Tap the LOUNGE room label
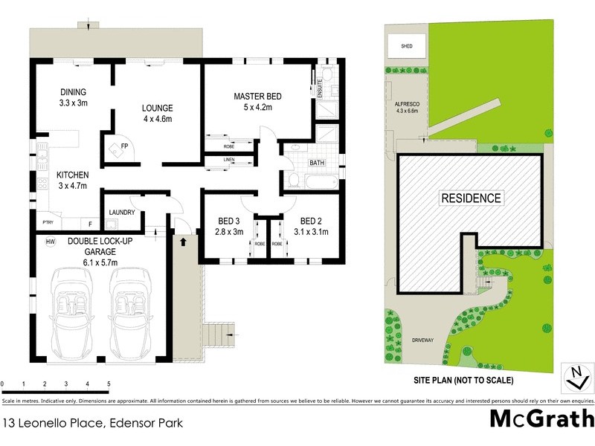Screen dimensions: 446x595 pos(158,108)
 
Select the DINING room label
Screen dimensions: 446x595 pos(74,92)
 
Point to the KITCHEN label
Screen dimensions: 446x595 pos(73,175)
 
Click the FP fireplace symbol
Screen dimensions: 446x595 pos(115,148)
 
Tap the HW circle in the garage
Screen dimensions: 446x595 pos(51,242)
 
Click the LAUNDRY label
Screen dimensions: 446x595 pos(121,213)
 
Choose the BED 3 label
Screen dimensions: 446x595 pos(229,221)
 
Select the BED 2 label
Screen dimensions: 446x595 pos(311,221)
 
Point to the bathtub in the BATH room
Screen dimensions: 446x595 pos(312,181)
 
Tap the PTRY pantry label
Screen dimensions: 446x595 pos(47,222)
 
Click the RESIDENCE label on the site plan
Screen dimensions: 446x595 pos(472,198)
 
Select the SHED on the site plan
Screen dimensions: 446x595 pos(407,46)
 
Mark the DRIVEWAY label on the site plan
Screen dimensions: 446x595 pos(422,340)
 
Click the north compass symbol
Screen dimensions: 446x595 pos(574,377)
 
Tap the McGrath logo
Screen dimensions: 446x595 pos(541,418)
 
